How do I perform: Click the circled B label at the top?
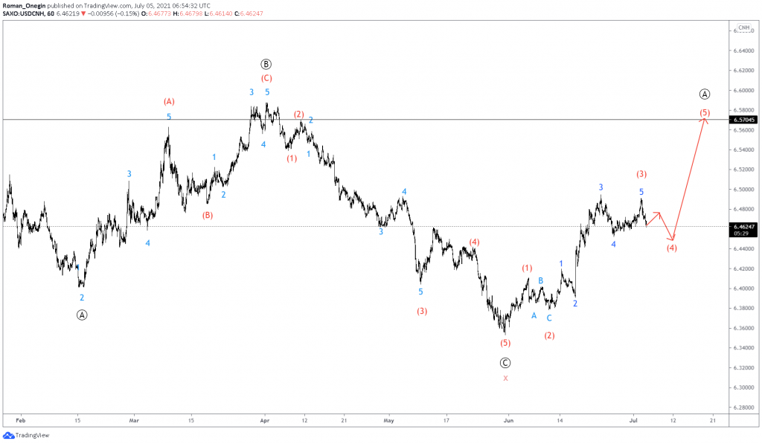click(x=266, y=64)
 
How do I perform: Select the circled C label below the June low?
click(x=505, y=362)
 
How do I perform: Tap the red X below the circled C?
click(x=505, y=379)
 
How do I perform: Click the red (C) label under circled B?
click(x=266, y=78)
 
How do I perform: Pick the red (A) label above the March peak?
click(x=169, y=101)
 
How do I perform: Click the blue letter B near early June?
click(x=541, y=280)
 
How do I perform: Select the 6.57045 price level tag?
click(x=744, y=120)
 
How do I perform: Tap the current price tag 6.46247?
click(x=744, y=226)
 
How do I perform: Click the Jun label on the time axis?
click(x=509, y=420)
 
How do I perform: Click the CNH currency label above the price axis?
click(x=743, y=28)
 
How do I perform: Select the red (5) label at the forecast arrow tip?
click(x=705, y=113)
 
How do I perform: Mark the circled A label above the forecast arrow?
click(x=705, y=94)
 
